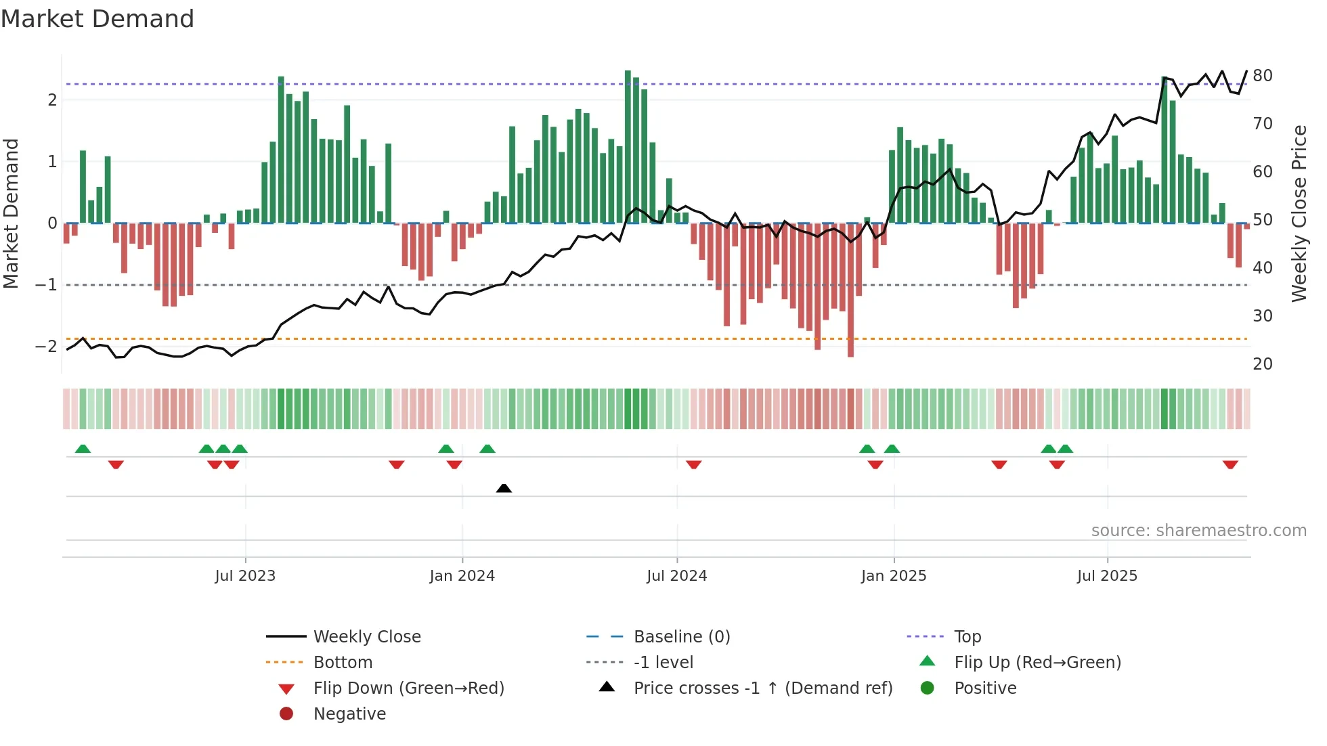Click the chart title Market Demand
(97, 19)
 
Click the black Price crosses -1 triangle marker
(504, 488)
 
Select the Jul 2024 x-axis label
(676, 576)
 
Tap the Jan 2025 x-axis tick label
(894, 576)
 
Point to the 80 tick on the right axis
(1262, 76)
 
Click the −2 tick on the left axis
(46, 347)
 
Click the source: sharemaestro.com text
(1198, 531)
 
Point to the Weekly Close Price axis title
(1299, 213)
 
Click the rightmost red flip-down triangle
(1230, 464)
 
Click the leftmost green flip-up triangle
(83, 449)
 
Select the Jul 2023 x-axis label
(245, 576)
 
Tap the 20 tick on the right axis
(1262, 364)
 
